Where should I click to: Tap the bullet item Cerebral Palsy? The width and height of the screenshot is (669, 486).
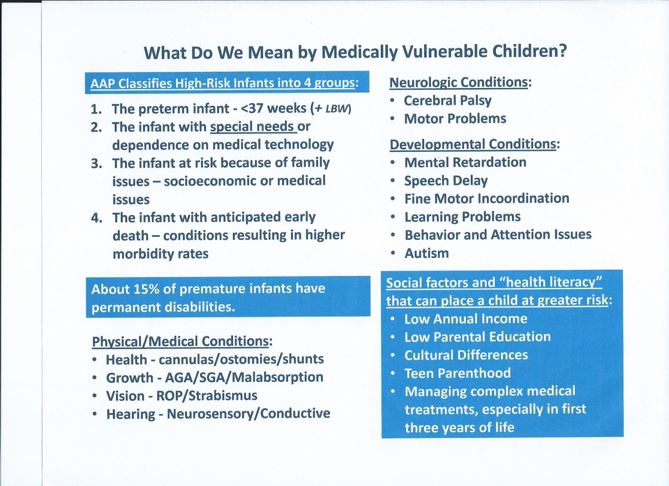[x=447, y=100]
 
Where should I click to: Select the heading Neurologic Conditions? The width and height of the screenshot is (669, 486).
[x=459, y=82]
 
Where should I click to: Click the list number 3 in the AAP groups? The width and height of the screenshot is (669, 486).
[x=96, y=163]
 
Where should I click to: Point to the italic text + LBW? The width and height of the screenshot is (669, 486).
[x=331, y=109]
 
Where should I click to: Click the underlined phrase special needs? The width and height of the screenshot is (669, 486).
[x=253, y=126]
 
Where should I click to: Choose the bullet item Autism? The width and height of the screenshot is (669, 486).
[x=426, y=253]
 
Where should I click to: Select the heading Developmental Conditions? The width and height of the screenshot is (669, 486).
[x=473, y=144]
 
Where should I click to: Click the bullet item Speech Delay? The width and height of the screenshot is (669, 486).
[x=446, y=181]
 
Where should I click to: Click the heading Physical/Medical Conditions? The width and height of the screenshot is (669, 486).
[x=180, y=341]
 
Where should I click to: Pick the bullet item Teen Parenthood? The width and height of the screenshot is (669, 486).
[x=457, y=373]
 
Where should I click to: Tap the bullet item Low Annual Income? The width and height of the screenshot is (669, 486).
[x=465, y=318]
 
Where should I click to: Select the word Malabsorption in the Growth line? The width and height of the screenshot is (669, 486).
[x=277, y=377]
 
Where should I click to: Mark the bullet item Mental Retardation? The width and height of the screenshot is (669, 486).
[x=465, y=162]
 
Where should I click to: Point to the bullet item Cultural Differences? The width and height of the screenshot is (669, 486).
[x=466, y=355]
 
